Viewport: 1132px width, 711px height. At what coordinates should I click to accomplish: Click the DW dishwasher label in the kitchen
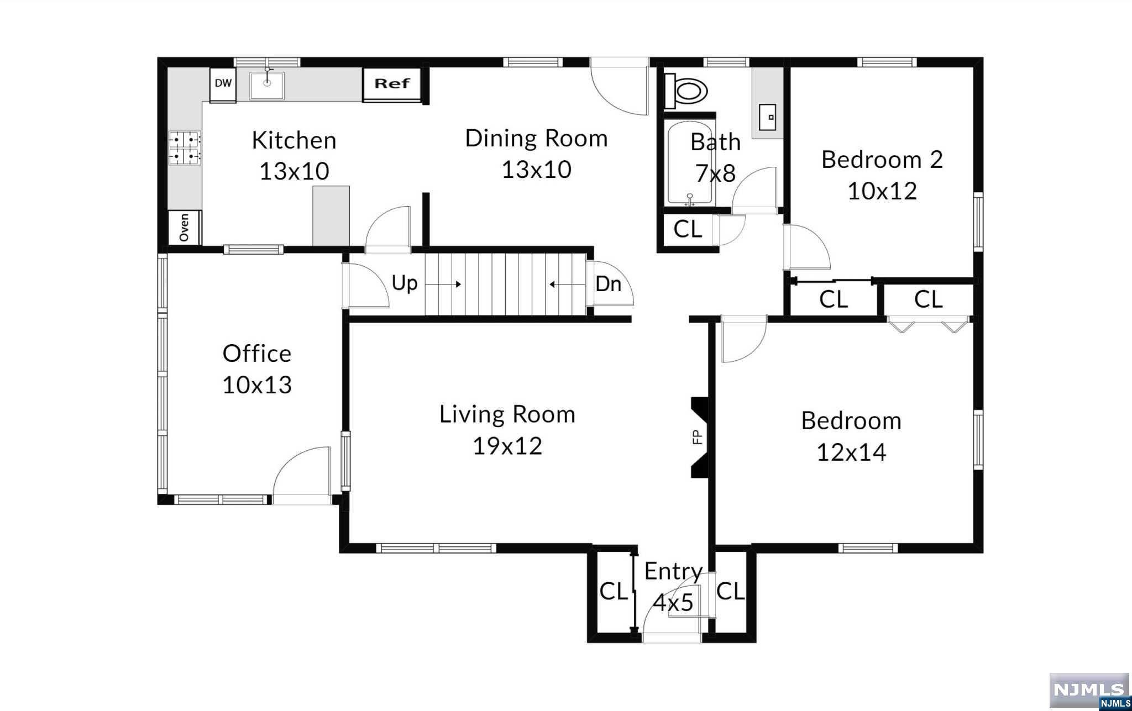(223, 83)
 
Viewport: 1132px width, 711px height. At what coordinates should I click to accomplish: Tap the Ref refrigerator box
(392, 84)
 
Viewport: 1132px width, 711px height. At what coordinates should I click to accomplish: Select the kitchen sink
(267, 86)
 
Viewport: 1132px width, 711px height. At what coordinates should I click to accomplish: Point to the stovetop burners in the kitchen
(185, 148)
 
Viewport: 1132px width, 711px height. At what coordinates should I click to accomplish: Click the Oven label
(184, 227)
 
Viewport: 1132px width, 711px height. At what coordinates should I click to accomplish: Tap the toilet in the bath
(686, 90)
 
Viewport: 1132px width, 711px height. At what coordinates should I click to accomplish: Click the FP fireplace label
(697, 437)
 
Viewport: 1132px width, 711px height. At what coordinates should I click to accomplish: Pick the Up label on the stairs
(404, 283)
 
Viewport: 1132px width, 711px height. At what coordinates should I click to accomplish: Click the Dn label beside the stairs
(608, 284)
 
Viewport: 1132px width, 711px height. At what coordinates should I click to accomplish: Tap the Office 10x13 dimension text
(257, 385)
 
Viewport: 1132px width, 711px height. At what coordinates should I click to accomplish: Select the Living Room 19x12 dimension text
(507, 446)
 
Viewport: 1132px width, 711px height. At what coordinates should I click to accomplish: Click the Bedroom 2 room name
(882, 160)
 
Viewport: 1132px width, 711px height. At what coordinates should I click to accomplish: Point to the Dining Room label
(536, 138)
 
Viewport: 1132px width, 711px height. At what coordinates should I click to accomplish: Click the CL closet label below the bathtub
(688, 229)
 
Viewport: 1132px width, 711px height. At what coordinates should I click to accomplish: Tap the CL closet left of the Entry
(614, 592)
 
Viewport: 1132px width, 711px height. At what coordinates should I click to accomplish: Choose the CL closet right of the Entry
(730, 592)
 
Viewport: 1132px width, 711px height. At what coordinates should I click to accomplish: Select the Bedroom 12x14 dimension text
(851, 452)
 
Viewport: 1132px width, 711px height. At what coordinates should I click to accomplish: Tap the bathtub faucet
(689, 200)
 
